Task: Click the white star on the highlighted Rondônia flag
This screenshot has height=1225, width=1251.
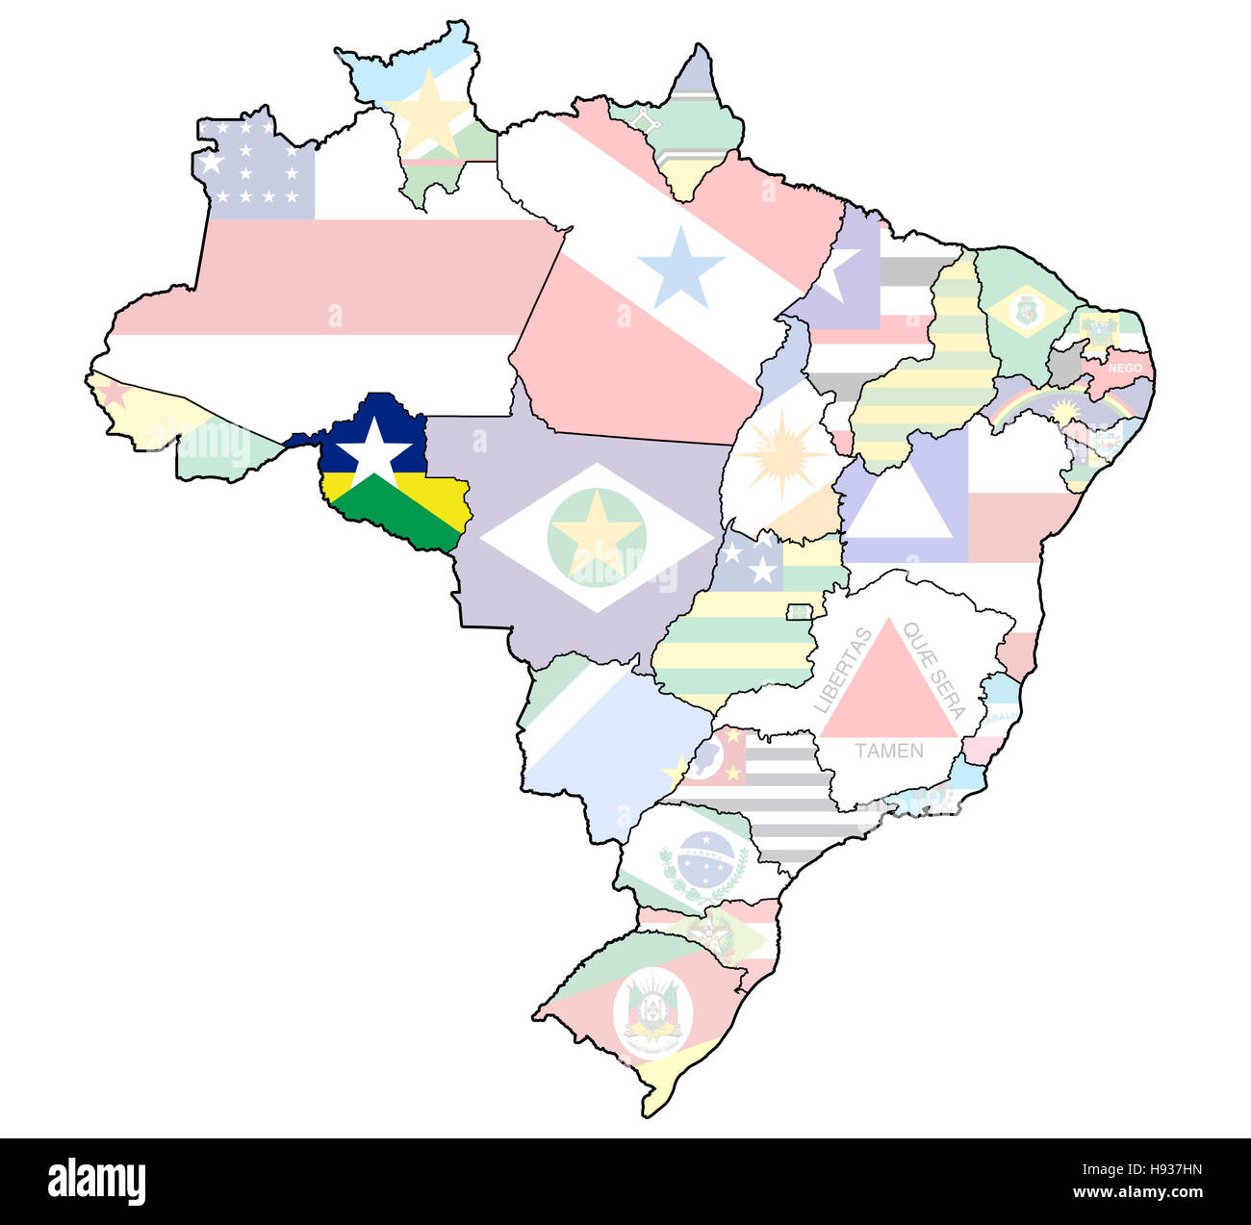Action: click(x=373, y=450)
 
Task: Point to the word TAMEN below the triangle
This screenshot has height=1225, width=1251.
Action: click(x=888, y=751)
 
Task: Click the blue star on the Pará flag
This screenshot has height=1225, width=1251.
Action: click(x=680, y=267)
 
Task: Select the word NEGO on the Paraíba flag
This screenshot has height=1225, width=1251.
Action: click(x=1125, y=368)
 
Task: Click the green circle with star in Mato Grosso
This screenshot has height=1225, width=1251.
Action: click(x=597, y=537)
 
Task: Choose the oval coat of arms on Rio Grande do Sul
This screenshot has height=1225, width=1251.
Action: click(x=653, y=1013)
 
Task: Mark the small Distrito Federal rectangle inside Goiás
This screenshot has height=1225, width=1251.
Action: click(x=799, y=612)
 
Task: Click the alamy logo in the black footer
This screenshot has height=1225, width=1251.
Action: click(x=96, y=1181)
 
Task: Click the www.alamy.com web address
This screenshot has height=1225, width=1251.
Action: click(x=1138, y=1193)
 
